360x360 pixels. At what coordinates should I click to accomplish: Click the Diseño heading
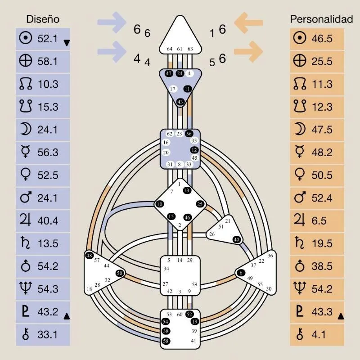coord(43,19)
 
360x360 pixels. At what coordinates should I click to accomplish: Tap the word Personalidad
coord(321,19)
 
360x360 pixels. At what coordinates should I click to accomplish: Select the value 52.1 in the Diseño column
coord(47,39)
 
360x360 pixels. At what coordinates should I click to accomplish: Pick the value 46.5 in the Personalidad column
coord(322,39)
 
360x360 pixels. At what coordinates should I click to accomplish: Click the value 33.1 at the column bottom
coord(47,334)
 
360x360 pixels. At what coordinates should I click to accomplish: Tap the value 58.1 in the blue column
coord(47,61)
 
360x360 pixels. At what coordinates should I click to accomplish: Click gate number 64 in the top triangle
coord(170,49)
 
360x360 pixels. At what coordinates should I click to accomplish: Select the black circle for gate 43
coord(180,102)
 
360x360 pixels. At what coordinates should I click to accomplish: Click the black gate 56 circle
coord(189,134)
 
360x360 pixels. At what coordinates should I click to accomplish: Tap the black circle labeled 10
coord(160,204)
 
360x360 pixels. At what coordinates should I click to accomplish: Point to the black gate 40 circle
coord(237,239)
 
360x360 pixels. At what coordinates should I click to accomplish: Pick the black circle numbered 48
coord(89,256)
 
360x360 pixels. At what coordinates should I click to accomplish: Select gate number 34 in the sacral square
coord(166,269)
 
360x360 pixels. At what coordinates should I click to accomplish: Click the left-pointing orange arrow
coord(249,22)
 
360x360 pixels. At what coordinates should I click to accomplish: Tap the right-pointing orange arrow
coord(249,50)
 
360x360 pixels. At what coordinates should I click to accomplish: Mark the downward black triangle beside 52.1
coord(67,43)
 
